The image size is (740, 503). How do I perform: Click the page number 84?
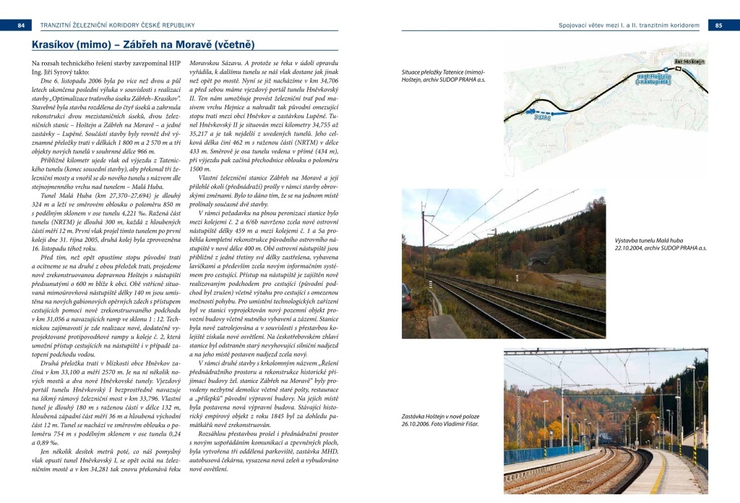pos(21,25)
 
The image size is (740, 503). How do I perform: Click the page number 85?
pos(718,25)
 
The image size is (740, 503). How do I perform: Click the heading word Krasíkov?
pos(50,46)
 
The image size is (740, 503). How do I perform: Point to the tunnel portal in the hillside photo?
pos(538,259)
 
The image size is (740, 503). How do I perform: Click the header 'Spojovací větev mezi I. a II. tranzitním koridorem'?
pos(629,25)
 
